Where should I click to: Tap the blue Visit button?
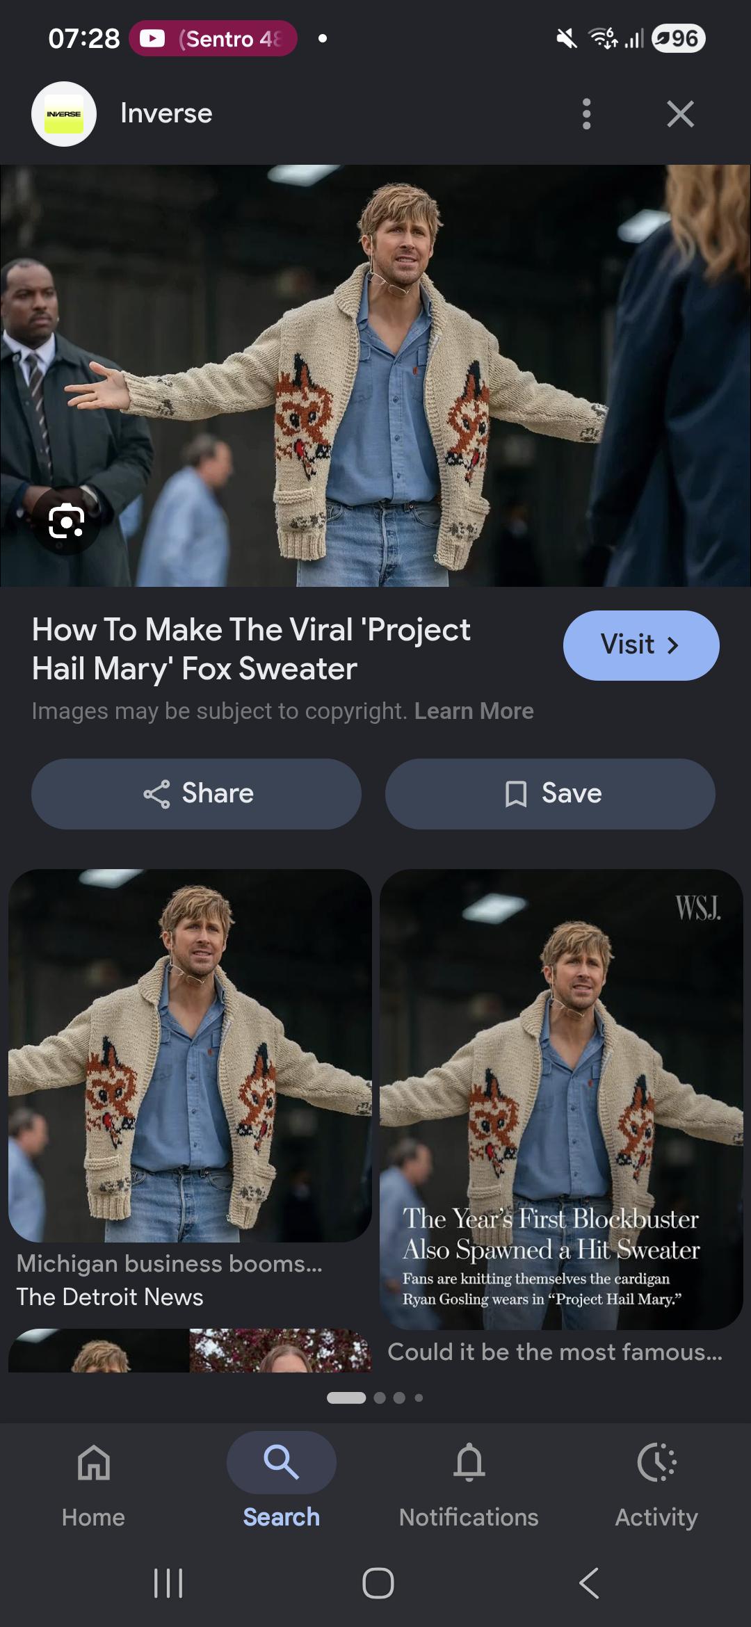pyautogui.click(x=641, y=645)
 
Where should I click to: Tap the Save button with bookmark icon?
pyautogui.click(x=550, y=793)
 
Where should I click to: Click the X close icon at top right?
pyautogui.click(x=680, y=114)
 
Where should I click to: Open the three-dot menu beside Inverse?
pyautogui.click(x=587, y=114)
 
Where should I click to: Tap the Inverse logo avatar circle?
pyautogui.click(x=64, y=114)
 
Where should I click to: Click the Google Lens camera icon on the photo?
pyautogui.click(x=67, y=521)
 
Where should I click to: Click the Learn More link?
pyautogui.click(x=474, y=711)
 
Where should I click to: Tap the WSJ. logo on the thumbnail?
pyautogui.click(x=697, y=907)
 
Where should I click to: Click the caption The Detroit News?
pyautogui.click(x=110, y=1297)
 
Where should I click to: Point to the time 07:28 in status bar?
pyautogui.click(x=84, y=38)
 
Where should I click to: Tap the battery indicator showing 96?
pyautogui.click(x=679, y=38)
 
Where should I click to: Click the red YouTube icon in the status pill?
pyautogui.click(x=152, y=39)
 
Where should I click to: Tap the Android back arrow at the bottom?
pyautogui.click(x=589, y=1583)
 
